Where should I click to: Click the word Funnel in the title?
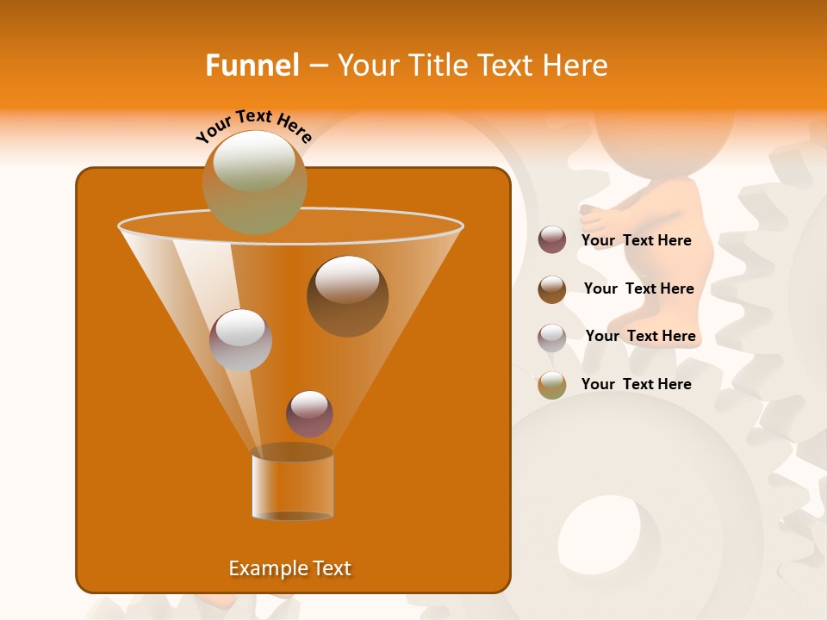pos(252,65)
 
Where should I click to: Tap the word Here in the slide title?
pos(574,65)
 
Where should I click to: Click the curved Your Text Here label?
pos(253,126)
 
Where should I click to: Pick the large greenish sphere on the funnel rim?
pos(254,182)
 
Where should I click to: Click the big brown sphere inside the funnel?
pos(347,295)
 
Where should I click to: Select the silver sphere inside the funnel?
pos(240,339)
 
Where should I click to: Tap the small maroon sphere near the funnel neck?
pos(309,413)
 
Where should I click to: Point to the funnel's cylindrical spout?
pos(292,483)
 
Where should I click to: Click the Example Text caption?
pos(289,568)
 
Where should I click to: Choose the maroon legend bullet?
pos(552,240)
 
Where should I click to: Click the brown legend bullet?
pos(552,288)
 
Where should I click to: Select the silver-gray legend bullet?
pos(552,337)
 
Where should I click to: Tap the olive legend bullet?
pos(552,384)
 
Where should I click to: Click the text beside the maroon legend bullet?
pos(636,241)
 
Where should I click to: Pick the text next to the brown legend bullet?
pos(638,288)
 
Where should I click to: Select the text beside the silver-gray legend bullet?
pos(640,336)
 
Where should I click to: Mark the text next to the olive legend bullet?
pos(636,384)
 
